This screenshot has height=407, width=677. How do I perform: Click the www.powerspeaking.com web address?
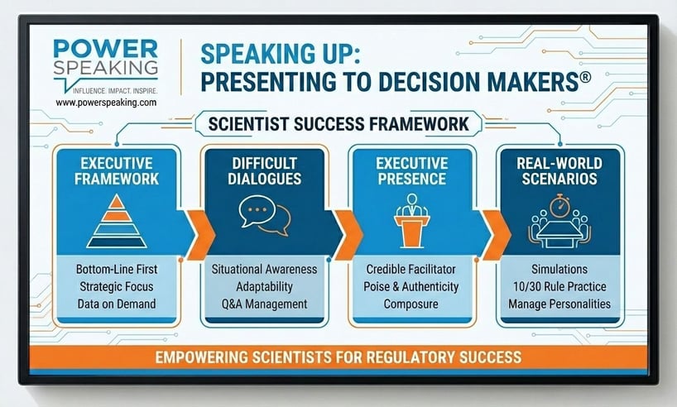pyautogui.click(x=106, y=102)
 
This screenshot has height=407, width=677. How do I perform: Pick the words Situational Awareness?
pyautogui.click(x=265, y=270)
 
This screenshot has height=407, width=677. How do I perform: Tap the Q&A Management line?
pyautogui.click(x=265, y=304)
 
